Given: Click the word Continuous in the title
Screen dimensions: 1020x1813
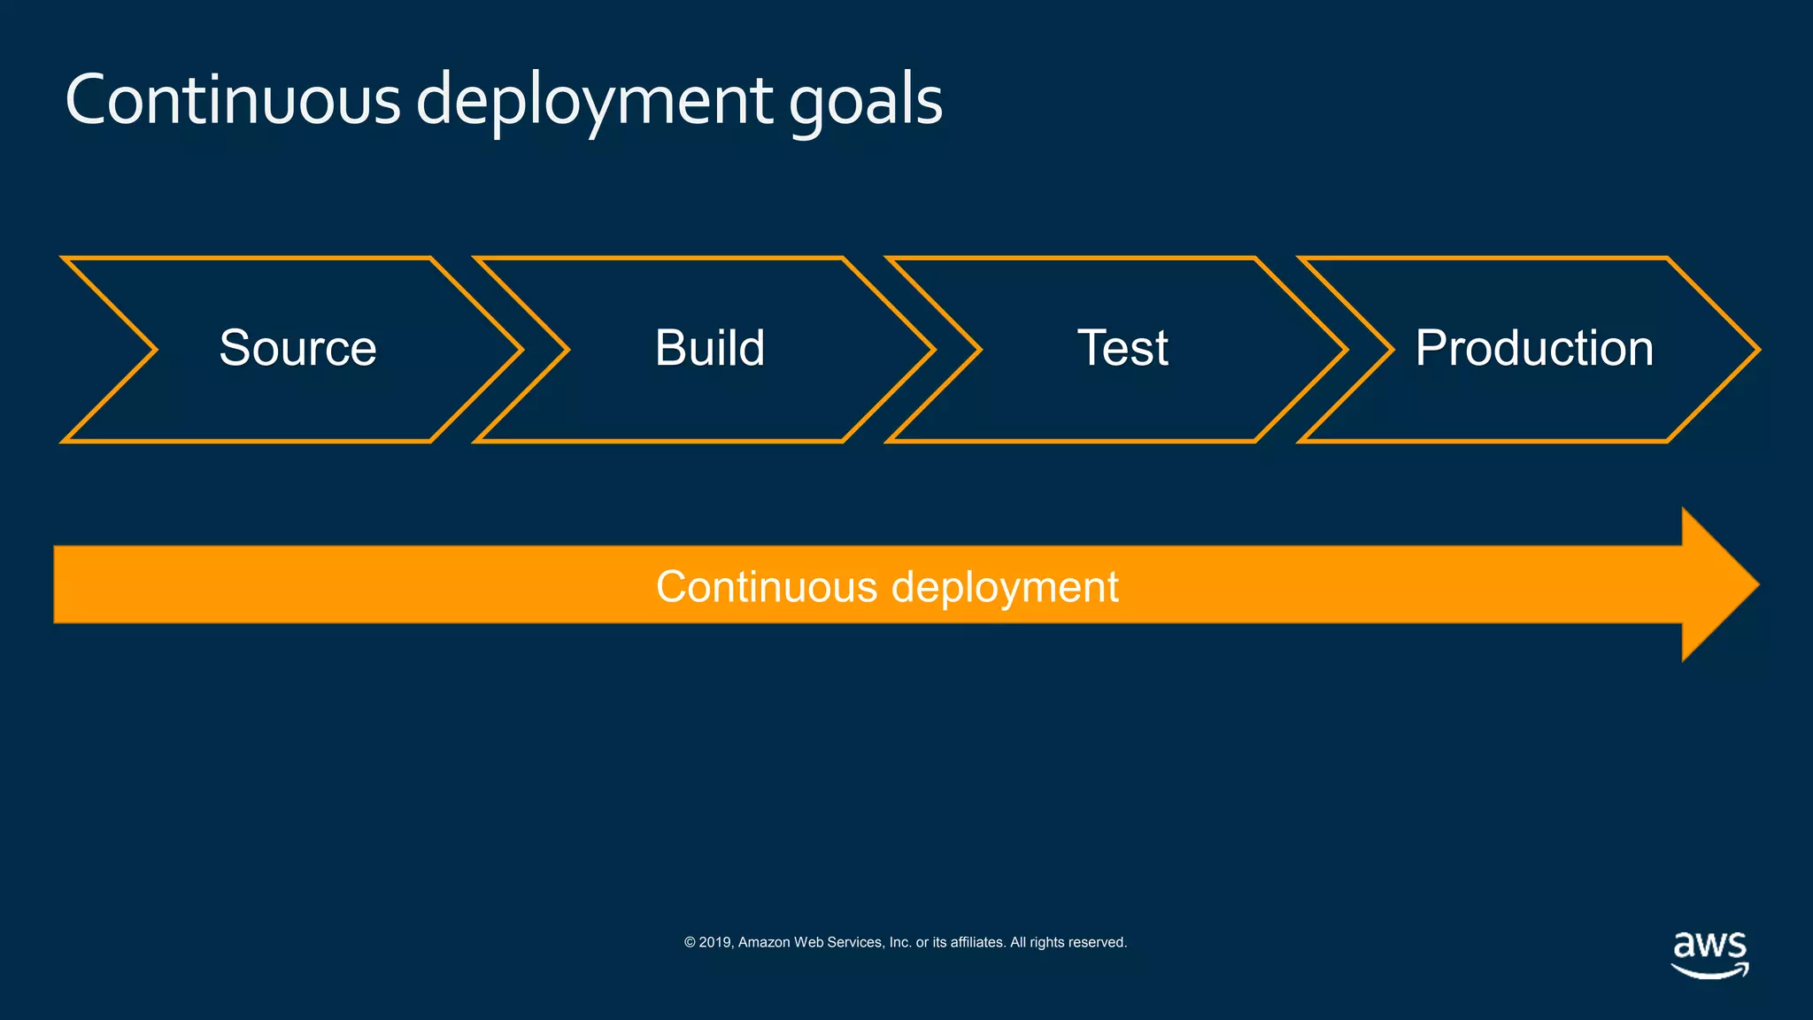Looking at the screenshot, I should tap(232, 99).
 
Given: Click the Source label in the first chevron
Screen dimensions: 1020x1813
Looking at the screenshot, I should tap(297, 348).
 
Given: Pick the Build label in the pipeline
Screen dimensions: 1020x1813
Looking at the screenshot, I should tap(709, 348).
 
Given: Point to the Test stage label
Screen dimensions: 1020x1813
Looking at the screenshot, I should tap(1122, 348).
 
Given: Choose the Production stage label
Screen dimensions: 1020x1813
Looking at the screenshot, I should tap(1533, 348).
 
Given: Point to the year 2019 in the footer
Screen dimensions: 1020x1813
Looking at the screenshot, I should tap(714, 943).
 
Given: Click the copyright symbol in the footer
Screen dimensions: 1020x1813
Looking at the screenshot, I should tap(690, 943).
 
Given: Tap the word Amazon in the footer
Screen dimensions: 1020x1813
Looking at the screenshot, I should tap(764, 943).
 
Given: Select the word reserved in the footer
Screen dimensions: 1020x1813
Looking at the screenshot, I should tap(1099, 943).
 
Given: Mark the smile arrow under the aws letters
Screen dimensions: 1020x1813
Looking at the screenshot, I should tap(1709, 971).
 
